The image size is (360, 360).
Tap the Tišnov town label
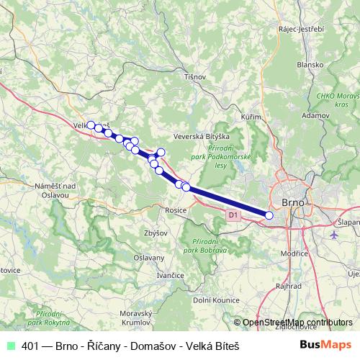coord(195,76)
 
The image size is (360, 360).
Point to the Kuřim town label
coord(250,116)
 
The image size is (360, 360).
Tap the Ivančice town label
coord(171,275)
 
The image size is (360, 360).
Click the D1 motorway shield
coord(232,215)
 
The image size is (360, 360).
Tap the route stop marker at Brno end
coord(269,215)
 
